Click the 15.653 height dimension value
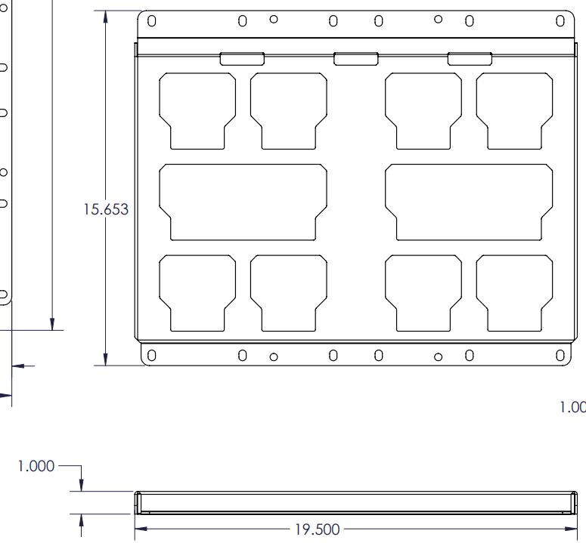tap(106, 210)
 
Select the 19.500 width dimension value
tap(316, 529)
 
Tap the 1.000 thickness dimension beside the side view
tap(36, 466)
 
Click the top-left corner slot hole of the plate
tap(151, 21)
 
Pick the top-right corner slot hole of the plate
tap(560, 21)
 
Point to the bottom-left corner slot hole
tap(151, 355)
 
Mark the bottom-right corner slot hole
tap(560, 355)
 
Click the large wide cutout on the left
tap(243, 202)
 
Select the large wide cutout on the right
tap(469, 202)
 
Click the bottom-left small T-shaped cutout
tap(197, 291)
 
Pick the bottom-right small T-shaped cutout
tap(514, 291)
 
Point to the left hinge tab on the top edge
tap(242, 58)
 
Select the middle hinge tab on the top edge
tap(355, 58)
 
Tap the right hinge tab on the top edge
tap(470, 58)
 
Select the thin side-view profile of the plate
tap(354, 501)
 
